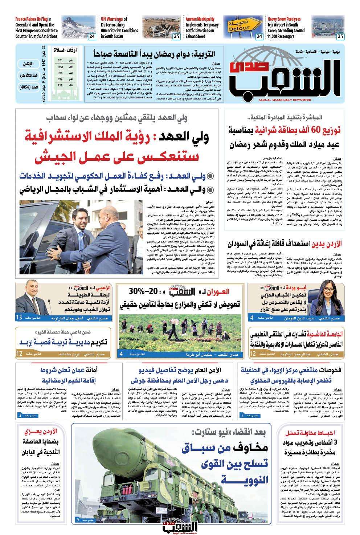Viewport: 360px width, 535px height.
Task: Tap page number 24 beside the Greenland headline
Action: [91, 36]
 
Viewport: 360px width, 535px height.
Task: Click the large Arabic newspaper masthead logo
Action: [287, 77]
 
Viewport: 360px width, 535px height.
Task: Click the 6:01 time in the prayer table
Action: [60, 60]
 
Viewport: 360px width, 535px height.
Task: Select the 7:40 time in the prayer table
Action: [60, 85]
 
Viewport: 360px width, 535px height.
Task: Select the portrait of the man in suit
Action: [30, 299]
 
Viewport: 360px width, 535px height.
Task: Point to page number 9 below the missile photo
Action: [78, 520]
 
